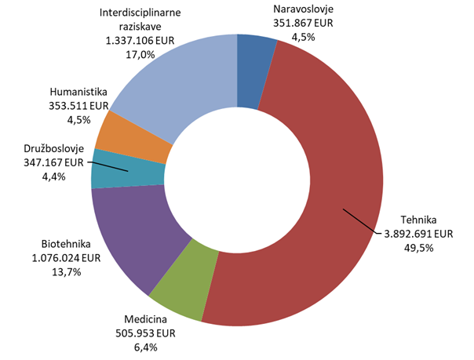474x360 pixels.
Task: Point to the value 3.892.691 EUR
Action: click(418, 234)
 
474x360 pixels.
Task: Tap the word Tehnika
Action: click(418, 220)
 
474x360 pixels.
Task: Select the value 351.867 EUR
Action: click(302, 24)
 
